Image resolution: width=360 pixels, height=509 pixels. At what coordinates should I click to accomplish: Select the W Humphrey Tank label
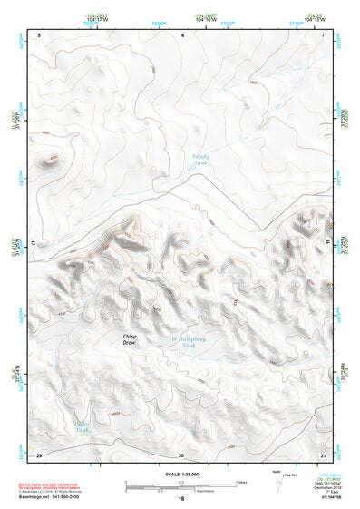185,343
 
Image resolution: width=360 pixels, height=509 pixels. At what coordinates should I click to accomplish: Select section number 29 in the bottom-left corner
40,455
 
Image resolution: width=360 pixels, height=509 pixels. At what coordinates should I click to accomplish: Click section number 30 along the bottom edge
181,455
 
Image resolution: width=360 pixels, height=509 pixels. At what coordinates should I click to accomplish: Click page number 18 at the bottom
181,499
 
